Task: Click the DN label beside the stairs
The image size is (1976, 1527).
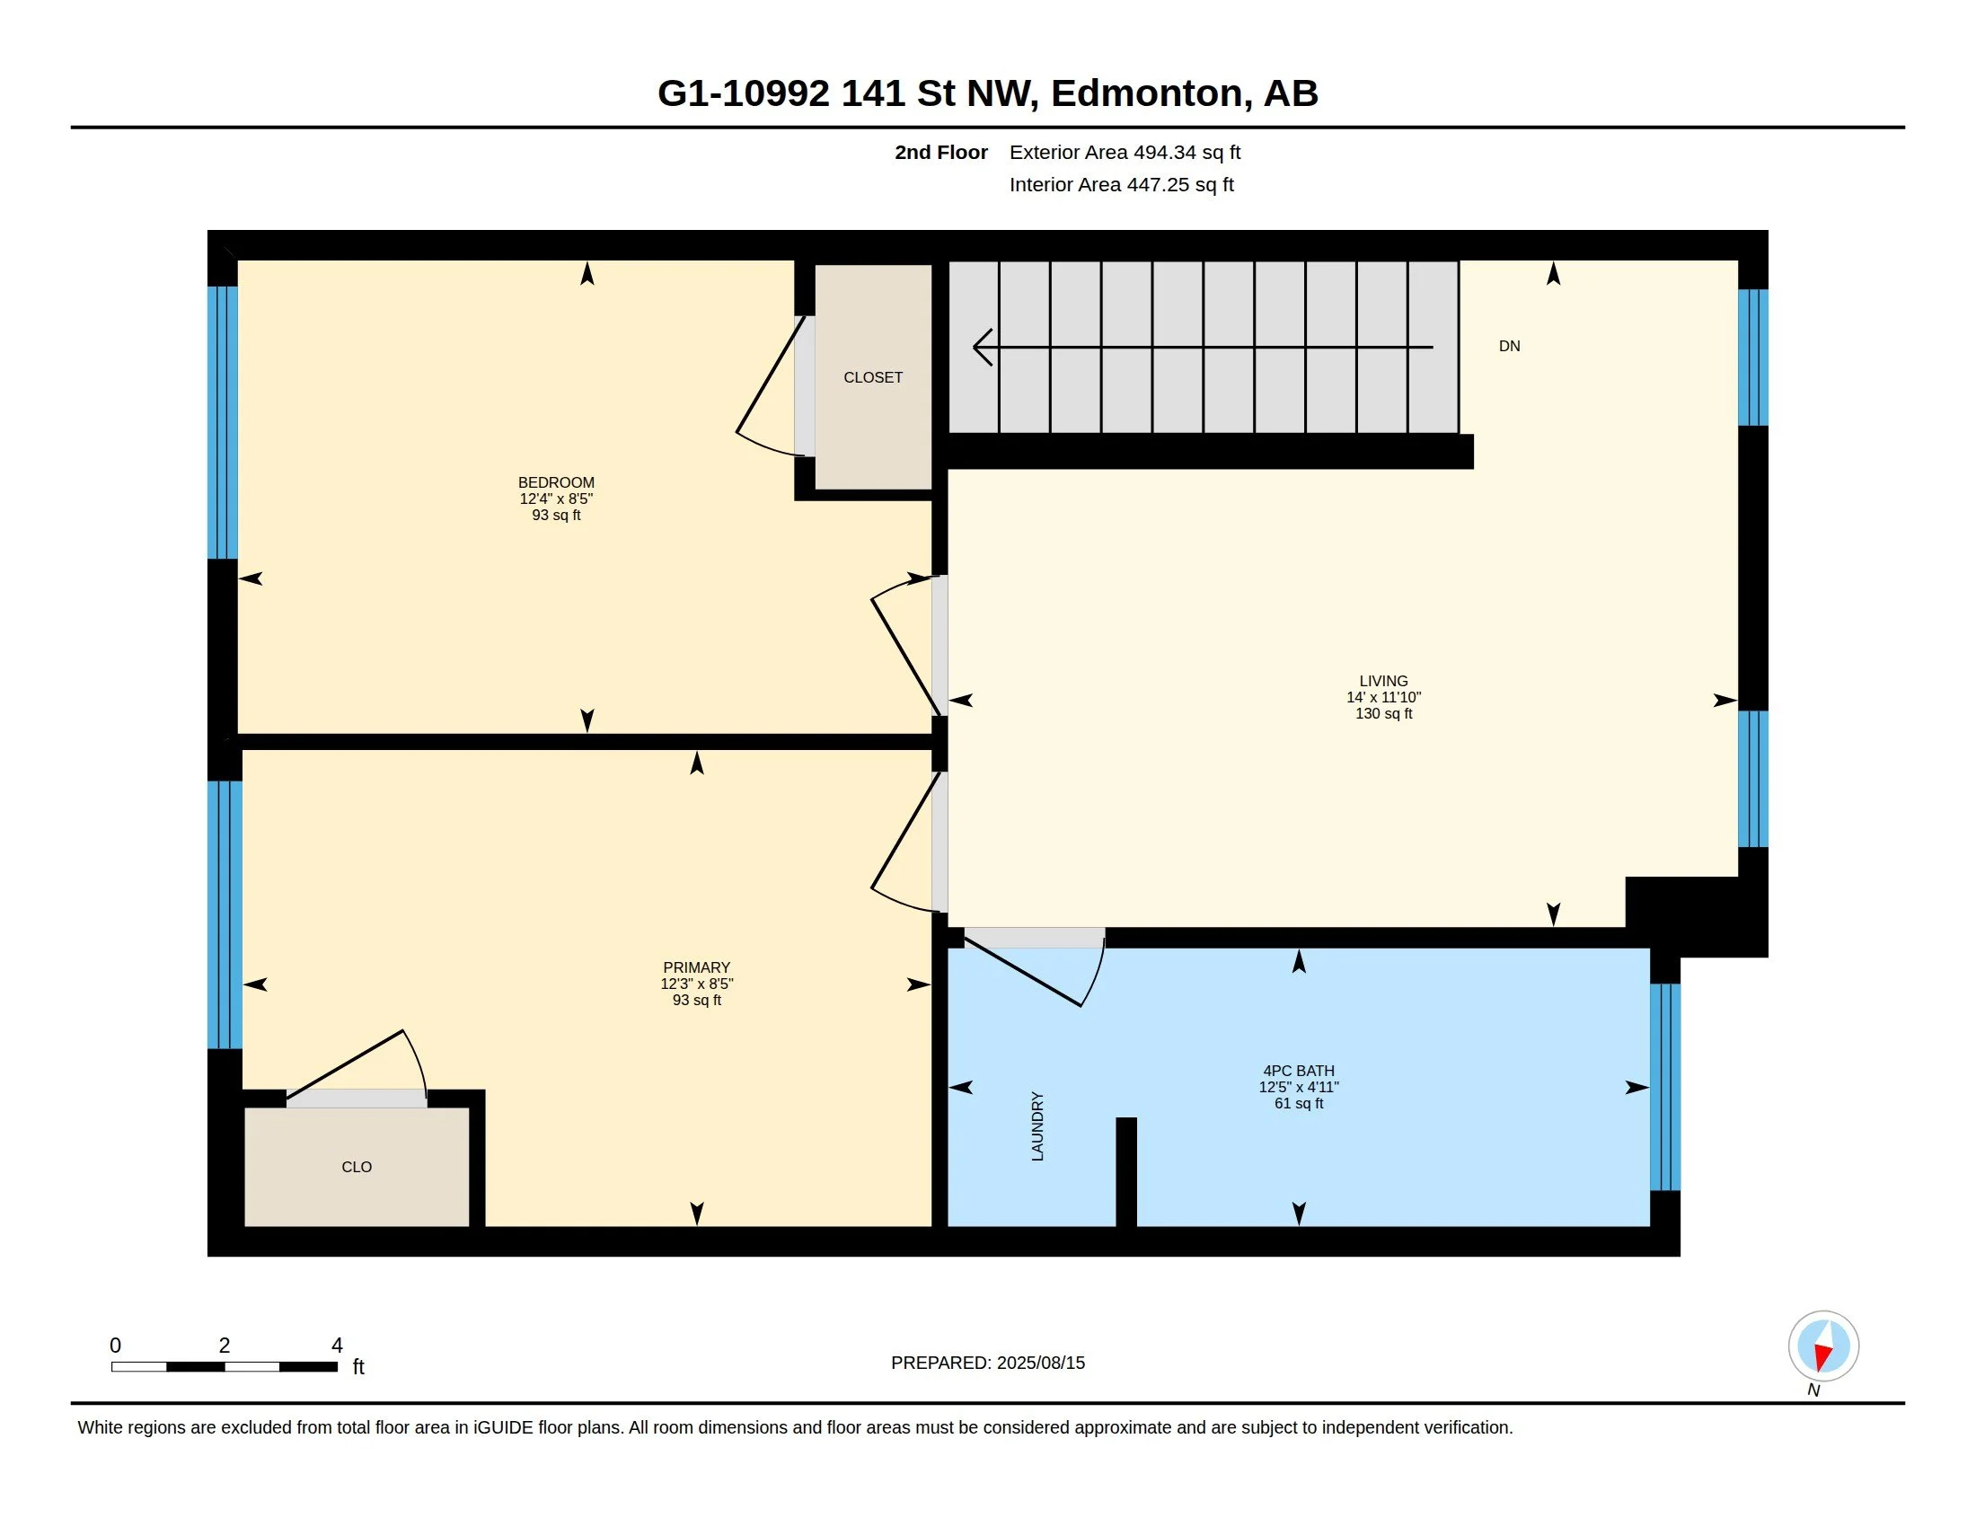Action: click(x=1509, y=346)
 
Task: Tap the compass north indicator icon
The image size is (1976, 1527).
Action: click(x=1823, y=1346)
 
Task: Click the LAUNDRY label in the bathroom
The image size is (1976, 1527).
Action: click(x=1037, y=1126)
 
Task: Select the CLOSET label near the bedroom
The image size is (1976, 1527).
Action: click(x=873, y=377)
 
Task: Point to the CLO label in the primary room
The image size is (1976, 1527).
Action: click(x=357, y=1167)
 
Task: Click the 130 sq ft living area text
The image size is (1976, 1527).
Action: click(x=1383, y=714)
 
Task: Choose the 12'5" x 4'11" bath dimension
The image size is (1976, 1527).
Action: click(x=1299, y=1088)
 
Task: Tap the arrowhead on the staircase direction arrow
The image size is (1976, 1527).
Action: click(x=983, y=347)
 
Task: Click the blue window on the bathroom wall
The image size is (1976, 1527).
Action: click(x=1664, y=1088)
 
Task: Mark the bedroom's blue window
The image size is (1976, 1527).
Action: click(x=223, y=422)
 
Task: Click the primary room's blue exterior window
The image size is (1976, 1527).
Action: click(x=225, y=914)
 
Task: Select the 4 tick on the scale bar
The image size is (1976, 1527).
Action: click(x=337, y=1346)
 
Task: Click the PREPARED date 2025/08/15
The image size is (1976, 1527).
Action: click(x=1040, y=1363)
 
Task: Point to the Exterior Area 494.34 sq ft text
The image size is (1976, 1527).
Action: click(x=1125, y=152)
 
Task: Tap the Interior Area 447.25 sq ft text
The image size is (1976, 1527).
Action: click(x=1122, y=184)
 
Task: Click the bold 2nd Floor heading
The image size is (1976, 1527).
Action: click(x=941, y=152)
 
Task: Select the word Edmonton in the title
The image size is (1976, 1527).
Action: click(x=1146, y=93)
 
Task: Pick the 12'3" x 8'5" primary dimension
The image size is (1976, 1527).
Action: click(x=697, y=984)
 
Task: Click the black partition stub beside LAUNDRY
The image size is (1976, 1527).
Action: click(x=1126, y=1172)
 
